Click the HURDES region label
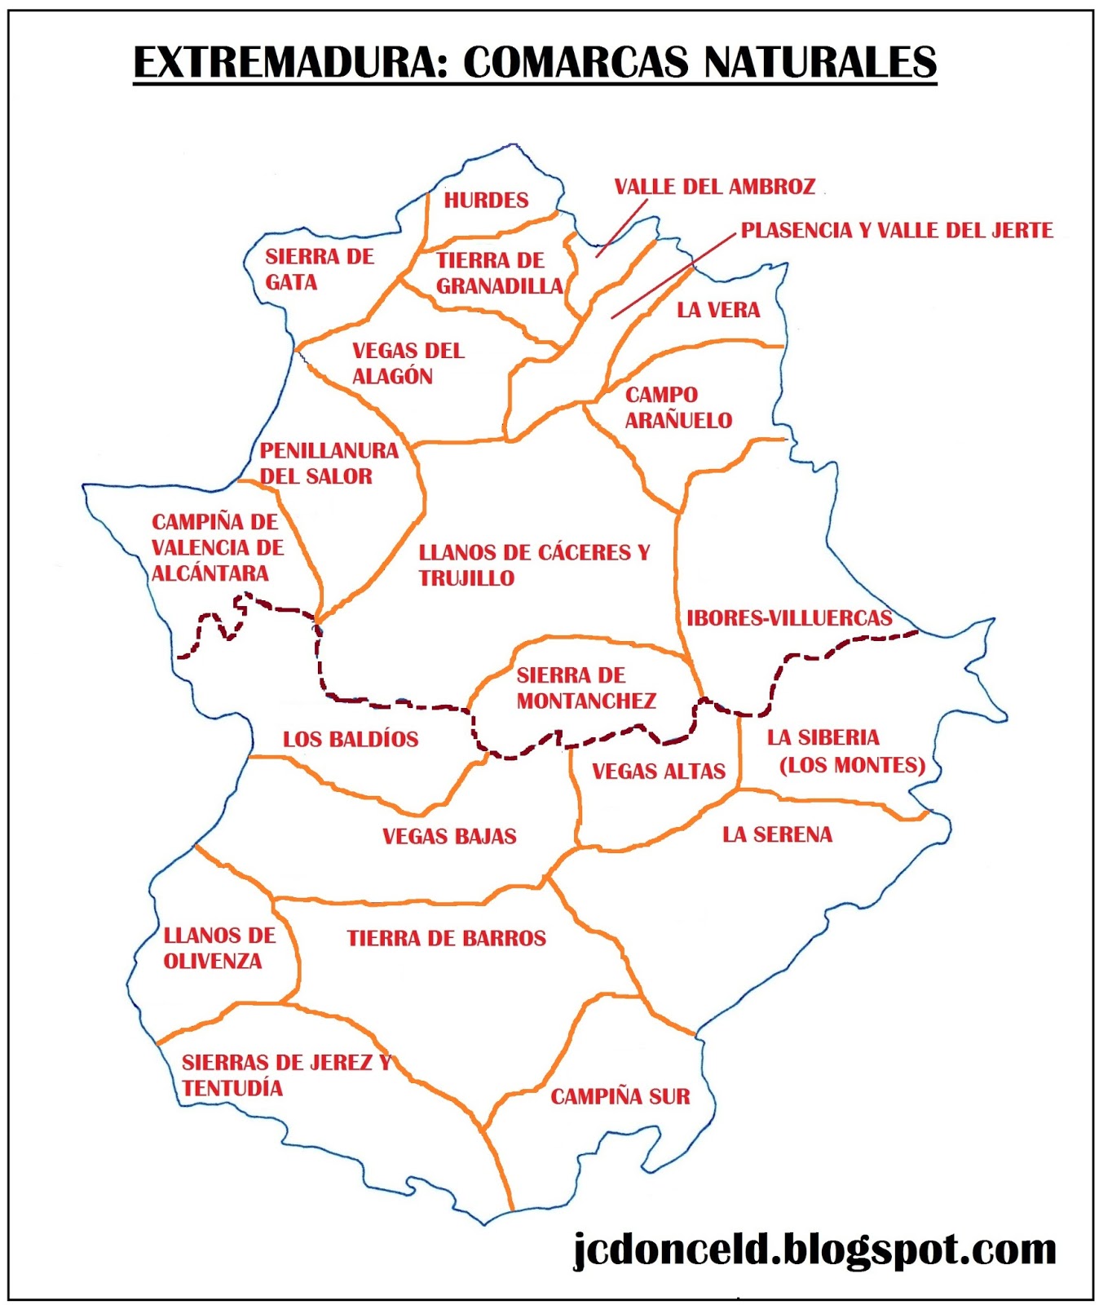[486, 200]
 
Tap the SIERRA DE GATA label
[319, 269]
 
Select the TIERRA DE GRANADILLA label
[498, 273]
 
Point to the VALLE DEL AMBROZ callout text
[714, 187]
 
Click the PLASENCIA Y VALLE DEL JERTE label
[896, 231]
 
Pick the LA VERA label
[717, 310]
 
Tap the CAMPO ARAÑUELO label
[677, 408]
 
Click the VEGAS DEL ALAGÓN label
[408, 364]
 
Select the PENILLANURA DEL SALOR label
[329, 463]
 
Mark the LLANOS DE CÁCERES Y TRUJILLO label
[534, 565]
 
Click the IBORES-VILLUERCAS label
[788, 618]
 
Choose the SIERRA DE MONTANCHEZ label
[585, 688]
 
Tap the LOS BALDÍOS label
[351, 740]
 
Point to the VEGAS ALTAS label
[658, 772]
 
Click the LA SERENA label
[777, 834]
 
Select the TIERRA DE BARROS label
[446, 938]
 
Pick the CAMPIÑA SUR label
[620, 1097]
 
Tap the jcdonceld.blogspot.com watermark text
[814, 1250]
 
